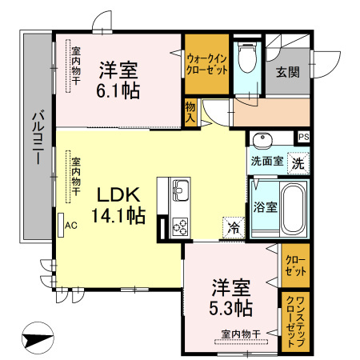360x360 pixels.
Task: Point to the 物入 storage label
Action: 190,110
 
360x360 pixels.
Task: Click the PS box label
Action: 303,137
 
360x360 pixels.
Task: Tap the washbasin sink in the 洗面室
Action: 263,142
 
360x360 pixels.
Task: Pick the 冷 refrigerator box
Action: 234,226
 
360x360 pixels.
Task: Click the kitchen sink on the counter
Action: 180,192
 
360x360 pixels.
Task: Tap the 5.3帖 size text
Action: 233,307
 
